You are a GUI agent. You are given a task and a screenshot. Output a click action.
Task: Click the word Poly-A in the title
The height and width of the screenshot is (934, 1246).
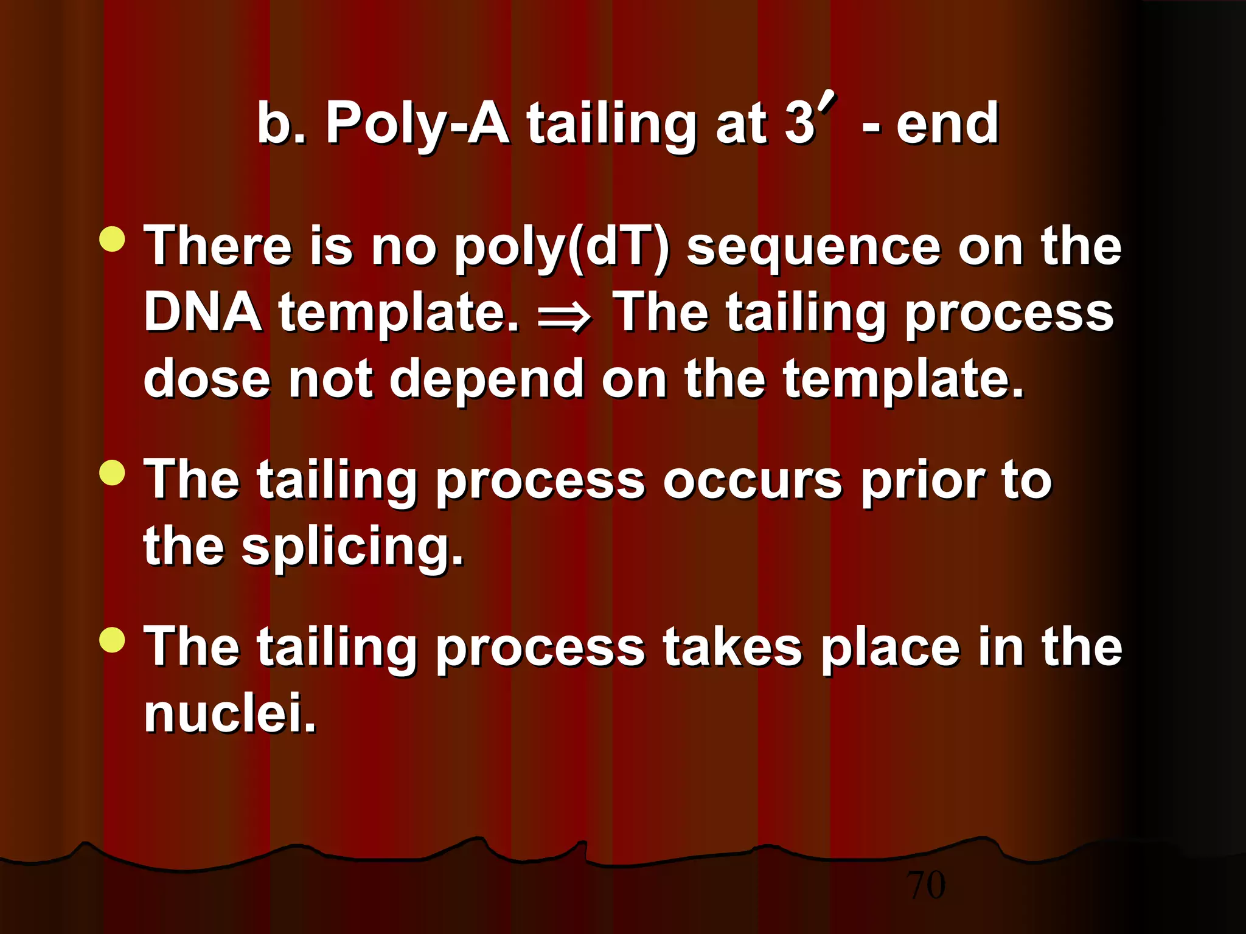[417, 124]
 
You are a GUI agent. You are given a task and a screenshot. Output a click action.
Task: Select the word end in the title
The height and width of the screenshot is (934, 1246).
[947, 124]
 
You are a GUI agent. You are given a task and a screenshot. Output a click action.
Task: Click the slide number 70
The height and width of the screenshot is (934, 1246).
[926, 885]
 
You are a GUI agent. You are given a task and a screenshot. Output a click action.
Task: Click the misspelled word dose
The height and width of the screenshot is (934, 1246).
[207, 378]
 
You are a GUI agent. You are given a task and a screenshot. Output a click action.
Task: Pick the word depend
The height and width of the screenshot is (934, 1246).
[487, 379]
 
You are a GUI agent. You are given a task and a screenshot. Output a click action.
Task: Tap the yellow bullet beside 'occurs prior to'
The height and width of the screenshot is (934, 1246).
[112, 473]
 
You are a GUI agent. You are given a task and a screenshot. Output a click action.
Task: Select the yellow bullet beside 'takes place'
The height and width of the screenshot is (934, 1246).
[112, 640]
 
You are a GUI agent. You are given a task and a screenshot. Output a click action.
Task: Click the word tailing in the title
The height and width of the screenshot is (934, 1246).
[611, 124]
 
